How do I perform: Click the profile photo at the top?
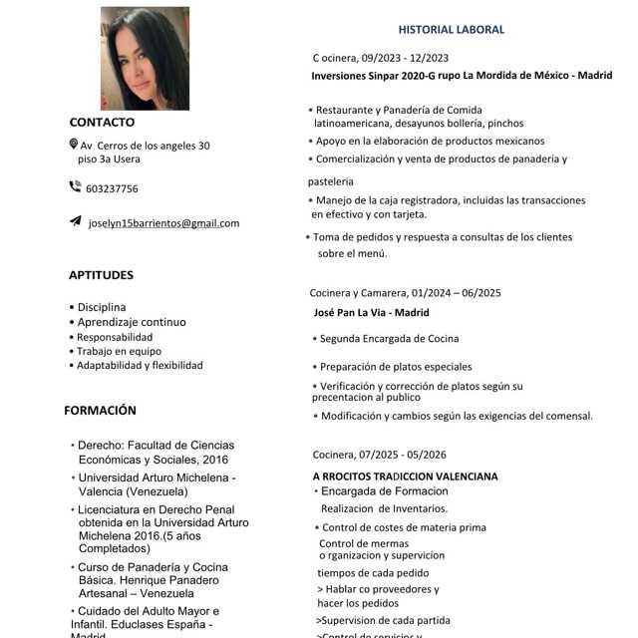tap(145, 58)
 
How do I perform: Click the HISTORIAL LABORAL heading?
tap(452, 30)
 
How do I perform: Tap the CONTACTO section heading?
tap(102, 123)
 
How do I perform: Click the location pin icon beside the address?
tap(73, 145)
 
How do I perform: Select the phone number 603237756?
tap(112, 188)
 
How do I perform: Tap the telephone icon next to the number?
tap(75, 186)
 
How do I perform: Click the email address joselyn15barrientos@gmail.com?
tap(163, 222)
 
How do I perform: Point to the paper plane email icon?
tap(75, 221)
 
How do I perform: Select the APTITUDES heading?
tap(101, 275)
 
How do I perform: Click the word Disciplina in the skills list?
tap(102, 307)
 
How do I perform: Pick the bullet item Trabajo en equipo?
tap(119, 351)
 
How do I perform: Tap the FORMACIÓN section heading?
tap(100, 410)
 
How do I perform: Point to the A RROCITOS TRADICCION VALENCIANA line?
tap(405, 477)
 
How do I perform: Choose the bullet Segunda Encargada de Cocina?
tap(389, 339)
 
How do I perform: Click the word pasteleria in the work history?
tap(331, 181)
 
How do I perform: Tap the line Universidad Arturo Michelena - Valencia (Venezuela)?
tap(158, 484)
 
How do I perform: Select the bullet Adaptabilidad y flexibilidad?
tap(140, 365)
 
